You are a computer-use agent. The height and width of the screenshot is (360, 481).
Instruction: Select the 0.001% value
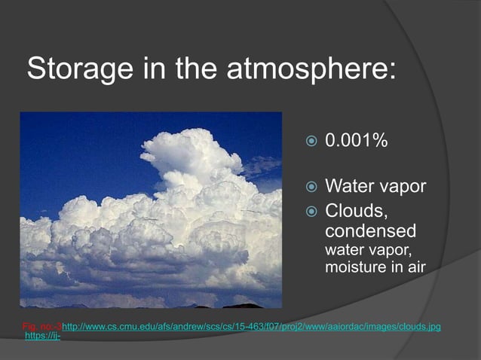[x=356, y=141]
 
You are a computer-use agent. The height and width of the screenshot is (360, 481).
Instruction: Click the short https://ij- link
[x=43, y=336]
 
